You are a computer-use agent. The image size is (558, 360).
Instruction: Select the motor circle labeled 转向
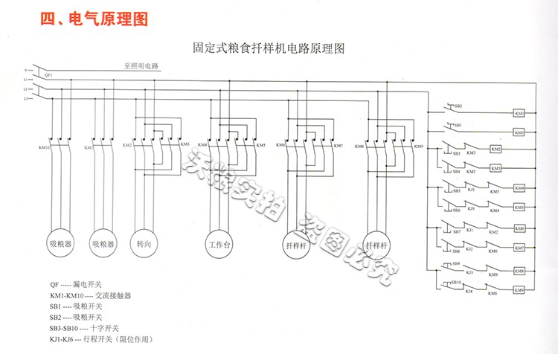tap(144, 243)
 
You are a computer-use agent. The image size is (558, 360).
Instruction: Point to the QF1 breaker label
tap(49, 75)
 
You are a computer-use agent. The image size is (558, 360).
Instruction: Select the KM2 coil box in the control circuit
tap(496, 150)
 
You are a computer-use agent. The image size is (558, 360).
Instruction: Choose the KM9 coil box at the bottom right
tap(519, 289)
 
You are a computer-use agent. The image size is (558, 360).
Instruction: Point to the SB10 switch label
tap(457, 283)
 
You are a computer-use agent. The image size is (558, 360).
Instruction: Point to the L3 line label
tap(25, 97)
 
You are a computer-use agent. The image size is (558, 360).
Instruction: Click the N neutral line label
tap(25, 68)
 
